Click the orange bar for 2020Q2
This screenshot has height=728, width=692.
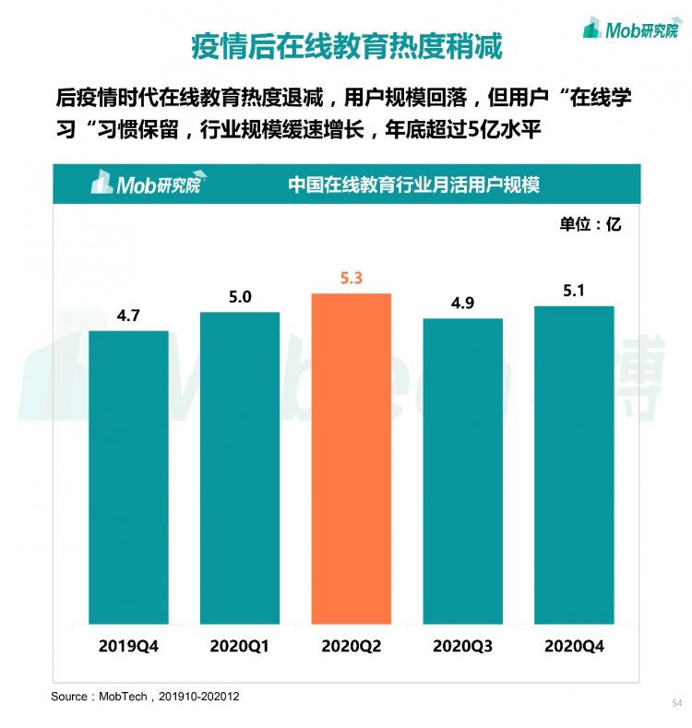352,459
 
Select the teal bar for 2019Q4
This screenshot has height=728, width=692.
128,477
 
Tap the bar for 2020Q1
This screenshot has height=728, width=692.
240,468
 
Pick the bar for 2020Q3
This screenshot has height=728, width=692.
462,471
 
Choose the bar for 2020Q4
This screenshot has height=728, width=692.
574,465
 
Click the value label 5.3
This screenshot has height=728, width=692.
352,277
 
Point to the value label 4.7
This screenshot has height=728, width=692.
128,315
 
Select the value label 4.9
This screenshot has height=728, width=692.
462,303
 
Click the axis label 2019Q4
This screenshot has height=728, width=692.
128,646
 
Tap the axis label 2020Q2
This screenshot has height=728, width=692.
352,646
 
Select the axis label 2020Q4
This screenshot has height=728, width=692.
574,646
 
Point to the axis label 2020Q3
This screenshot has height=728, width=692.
462,646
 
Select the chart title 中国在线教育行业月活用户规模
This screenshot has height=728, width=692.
413,184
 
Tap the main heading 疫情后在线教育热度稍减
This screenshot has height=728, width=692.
346,45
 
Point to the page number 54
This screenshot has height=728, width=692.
676,703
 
